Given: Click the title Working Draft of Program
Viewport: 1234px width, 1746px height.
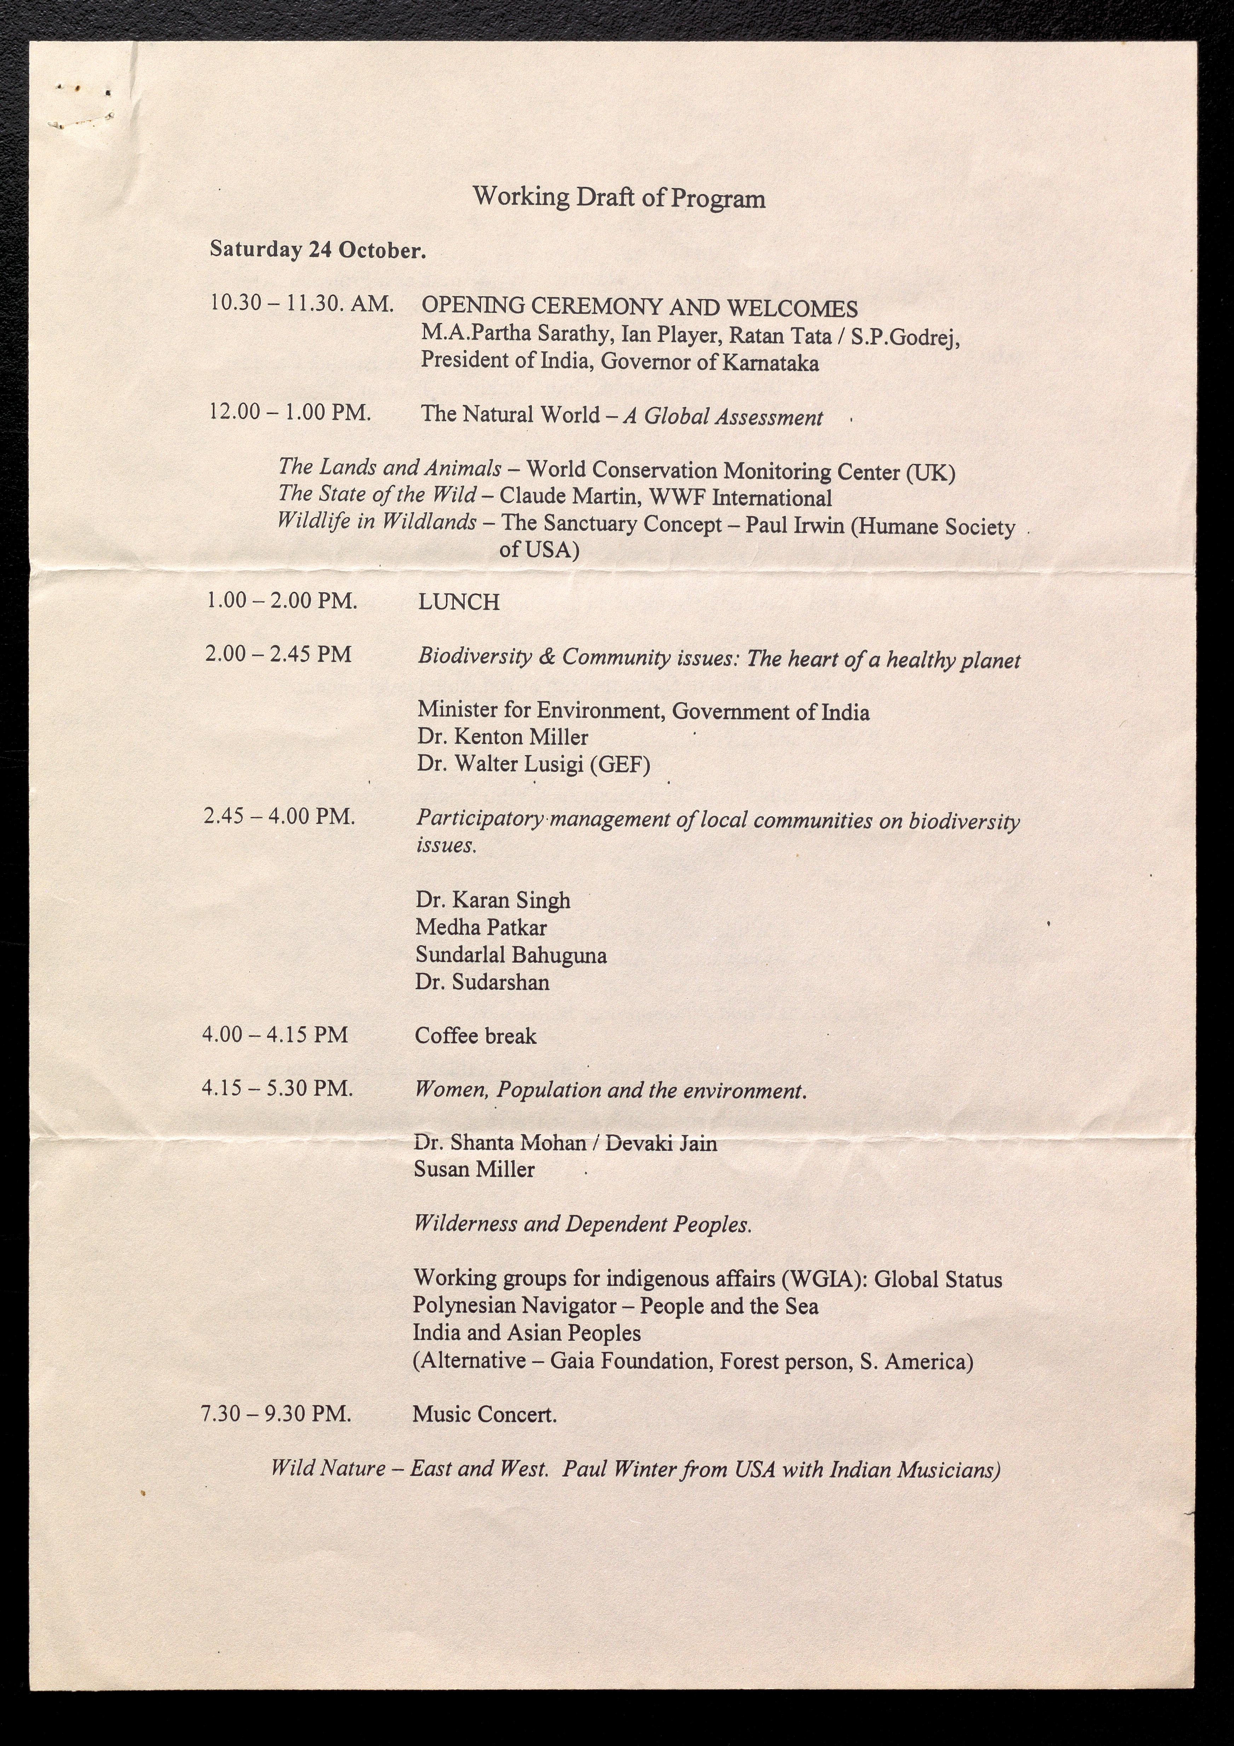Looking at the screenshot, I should (x=618, y=198).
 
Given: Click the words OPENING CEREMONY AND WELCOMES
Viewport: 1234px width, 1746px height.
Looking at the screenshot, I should (x=639, y=308).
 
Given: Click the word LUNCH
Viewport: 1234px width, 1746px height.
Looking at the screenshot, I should (x=459, y=602).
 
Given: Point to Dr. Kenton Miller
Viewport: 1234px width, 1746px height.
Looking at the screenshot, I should (x=502, y=737).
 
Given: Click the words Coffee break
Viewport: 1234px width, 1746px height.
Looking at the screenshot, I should (x=475, y=1036).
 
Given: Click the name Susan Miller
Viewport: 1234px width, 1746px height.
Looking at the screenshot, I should (x=474, y=1169).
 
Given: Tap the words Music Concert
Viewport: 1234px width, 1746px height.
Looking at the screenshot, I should (x=485, y=1415).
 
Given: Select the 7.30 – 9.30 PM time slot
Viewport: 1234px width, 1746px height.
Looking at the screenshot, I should (x=275, y=1414).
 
